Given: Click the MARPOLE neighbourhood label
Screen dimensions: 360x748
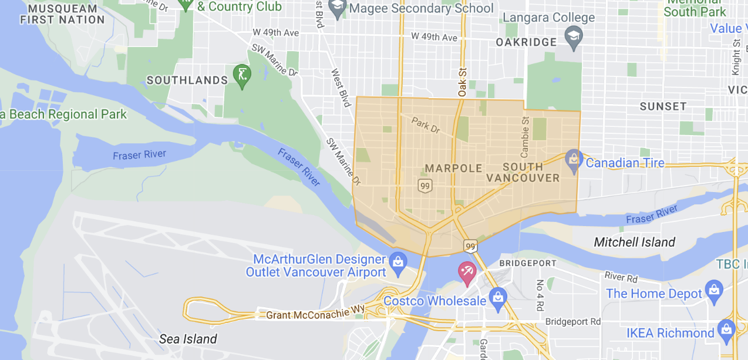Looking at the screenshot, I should (453, 169).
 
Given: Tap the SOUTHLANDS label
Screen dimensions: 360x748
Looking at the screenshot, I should (187, 80).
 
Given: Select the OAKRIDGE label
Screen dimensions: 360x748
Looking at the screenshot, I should (526, 42).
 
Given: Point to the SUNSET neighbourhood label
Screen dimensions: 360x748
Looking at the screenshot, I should (663, 106).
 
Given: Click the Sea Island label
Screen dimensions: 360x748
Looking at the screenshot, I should (188, 339).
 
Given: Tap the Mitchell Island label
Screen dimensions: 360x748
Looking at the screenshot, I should (634, 242).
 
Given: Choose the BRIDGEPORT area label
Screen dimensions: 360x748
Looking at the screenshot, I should (527, 264).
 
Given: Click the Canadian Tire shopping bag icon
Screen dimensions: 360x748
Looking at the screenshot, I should (574, 159).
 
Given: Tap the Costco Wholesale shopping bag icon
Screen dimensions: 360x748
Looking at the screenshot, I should (497, 298).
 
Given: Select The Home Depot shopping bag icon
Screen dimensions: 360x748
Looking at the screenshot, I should (714, 289).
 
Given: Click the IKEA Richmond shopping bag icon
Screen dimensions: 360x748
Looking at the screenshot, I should (726, 329).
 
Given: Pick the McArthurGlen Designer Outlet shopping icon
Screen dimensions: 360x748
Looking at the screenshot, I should (398, 261).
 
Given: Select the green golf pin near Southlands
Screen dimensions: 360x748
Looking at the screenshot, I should (242, 75).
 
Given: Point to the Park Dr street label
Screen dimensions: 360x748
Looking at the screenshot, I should (426, 125).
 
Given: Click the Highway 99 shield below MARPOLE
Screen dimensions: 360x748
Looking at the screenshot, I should (425, 186).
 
